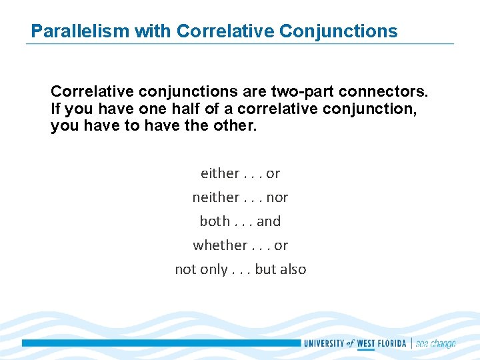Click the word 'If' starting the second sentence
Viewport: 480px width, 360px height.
tap(56, 108)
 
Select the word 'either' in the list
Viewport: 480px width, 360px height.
tap(219, 173)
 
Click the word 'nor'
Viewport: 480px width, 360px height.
tap(277, 197)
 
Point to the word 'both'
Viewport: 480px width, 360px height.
tap(215, 221)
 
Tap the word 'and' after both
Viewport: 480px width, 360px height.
tap(269, 221)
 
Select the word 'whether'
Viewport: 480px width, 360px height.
tap(219, 245)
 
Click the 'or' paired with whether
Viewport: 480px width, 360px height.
tap(281, 245)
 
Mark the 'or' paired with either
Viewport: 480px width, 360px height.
tap(273, 173)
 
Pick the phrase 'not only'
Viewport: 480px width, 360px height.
tap(201, 269)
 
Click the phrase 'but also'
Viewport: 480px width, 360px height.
tap(281, 269)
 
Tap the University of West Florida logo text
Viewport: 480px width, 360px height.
tap(357, 343)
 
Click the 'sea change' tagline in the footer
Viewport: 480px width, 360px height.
tap(435, 343)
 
